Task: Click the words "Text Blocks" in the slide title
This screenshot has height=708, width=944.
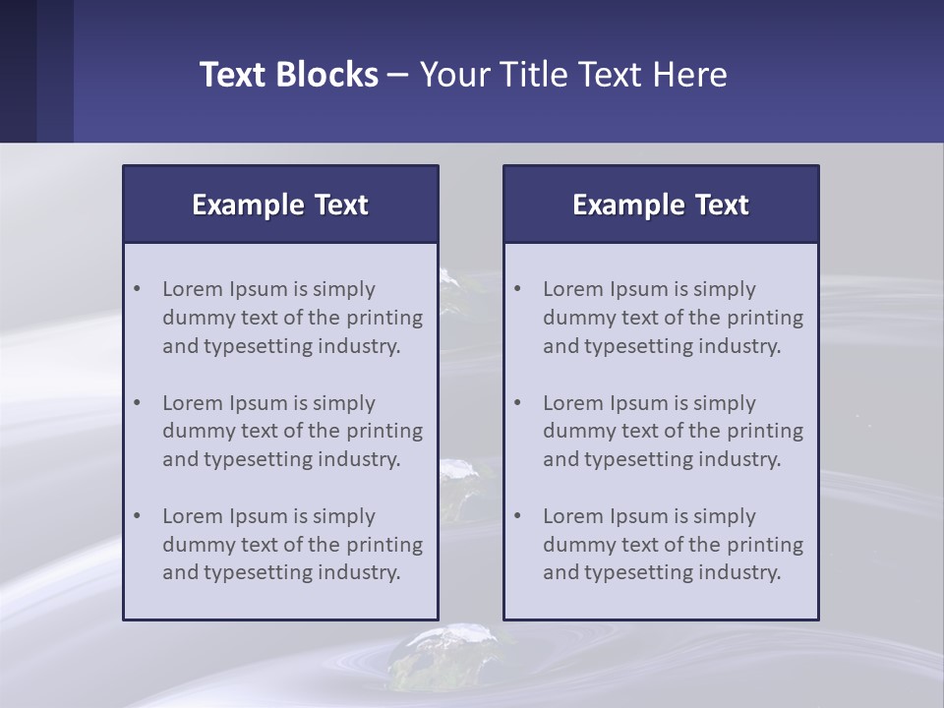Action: click(288, 75)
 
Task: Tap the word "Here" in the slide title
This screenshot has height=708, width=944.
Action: click(692, 75)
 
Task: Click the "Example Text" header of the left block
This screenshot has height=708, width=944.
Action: click(280, 205)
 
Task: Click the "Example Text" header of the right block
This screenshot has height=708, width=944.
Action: click(661, 205)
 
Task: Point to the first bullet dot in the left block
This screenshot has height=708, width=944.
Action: click(138, 289)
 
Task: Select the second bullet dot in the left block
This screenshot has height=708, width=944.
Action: click(138, 403)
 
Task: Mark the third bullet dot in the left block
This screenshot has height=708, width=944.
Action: click(138, 516)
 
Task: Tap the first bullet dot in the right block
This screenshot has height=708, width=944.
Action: click(518, 289)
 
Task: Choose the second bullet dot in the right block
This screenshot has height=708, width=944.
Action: click(518, 403)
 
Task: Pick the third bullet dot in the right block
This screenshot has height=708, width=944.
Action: click(518, 516)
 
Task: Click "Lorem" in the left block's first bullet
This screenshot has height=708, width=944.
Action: click(192, 289)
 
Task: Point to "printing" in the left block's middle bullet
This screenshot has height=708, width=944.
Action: click(384, 431)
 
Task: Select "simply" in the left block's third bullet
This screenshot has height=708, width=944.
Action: click(344, 516)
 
